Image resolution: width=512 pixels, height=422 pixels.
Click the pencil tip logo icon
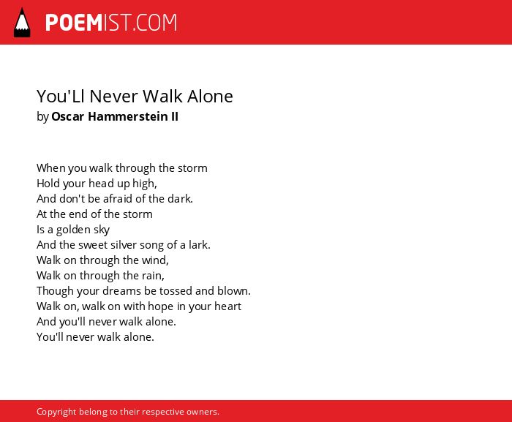22,23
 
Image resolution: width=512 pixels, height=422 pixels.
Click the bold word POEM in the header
74,23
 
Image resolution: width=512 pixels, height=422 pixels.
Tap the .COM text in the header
154,23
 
